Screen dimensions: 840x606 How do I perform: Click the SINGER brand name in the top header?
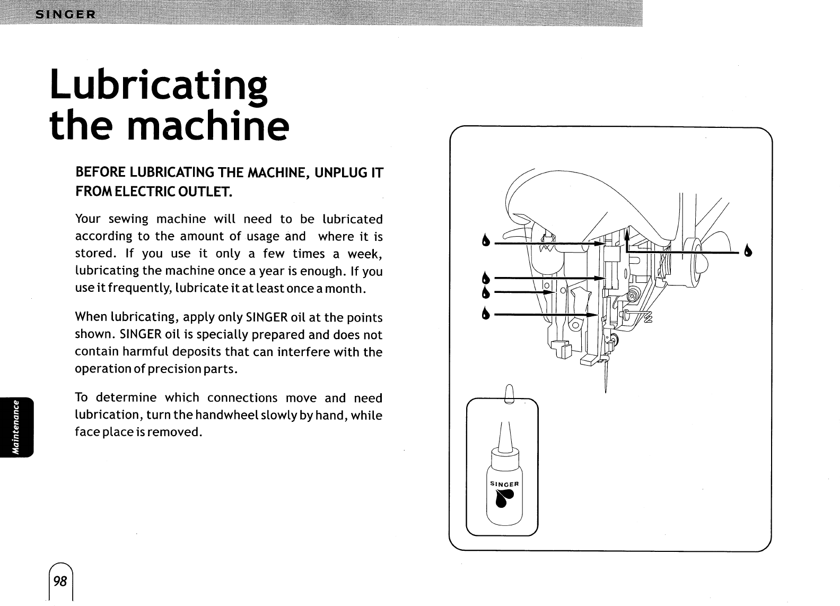click(x=65, y=14)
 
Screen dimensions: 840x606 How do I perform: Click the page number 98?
click(x=60, y=581)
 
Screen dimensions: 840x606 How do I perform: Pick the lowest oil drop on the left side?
click(x=484, y=314)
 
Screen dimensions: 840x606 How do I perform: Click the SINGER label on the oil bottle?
click(x=504, y=484)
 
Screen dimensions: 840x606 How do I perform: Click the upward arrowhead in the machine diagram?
click(x=627, y=231)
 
